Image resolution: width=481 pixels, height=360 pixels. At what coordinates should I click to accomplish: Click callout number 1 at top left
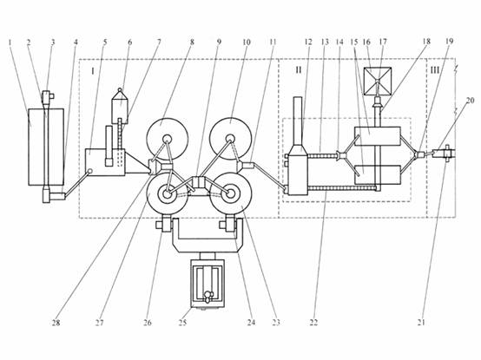[x=10, y=42]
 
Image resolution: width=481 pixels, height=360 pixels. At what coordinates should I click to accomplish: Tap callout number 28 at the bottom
[x=56, y=323]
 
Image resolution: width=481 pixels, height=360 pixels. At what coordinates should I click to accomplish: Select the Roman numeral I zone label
[x=93, y=71]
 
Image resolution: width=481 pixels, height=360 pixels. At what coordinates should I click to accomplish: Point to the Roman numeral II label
[x=299, y=70]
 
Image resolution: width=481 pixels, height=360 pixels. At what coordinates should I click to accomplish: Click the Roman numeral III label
[x=435, y=70]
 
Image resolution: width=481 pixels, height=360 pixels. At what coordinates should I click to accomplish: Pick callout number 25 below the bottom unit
[x=182, y=323]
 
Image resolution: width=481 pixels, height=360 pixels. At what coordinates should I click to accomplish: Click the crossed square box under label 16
[x=378, y=81]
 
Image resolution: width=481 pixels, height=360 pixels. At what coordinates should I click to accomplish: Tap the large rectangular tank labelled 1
[x=46, y=147]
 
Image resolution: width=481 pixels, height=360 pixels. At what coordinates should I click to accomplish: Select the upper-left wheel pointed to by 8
[x=167, y=139]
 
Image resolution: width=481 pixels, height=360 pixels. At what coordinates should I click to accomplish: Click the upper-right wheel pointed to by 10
[x=230, y=139]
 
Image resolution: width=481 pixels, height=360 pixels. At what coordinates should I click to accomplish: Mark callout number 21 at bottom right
[x=421, y=323]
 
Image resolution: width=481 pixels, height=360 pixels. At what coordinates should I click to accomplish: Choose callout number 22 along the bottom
[x=313, y=323]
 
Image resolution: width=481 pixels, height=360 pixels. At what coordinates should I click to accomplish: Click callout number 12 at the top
[x=308, y=42]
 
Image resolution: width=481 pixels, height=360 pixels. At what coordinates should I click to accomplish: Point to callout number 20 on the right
[x=471, y=100]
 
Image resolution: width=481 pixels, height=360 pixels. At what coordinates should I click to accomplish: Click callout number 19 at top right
[x=449, y=42]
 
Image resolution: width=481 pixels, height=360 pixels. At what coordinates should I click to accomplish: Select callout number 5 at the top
[x=104, y=42]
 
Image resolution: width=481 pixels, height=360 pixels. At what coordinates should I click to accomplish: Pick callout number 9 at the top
[x=219, y=42]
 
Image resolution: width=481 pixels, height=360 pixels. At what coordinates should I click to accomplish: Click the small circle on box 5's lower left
[x=90, y=171]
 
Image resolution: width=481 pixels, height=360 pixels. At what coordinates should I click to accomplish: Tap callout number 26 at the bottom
[x=148, y=323]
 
